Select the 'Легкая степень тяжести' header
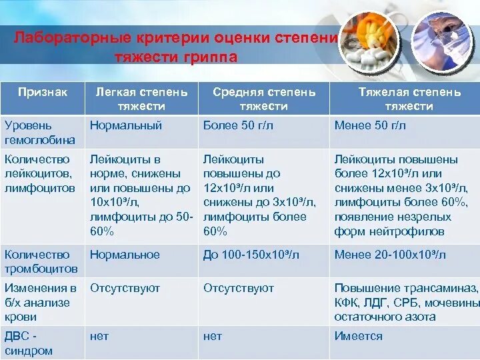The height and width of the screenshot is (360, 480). pos(142,99)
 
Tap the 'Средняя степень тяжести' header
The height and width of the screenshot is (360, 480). pos(264,99)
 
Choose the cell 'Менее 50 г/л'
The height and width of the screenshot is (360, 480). pos(370,125)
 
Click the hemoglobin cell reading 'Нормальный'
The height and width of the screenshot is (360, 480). pos(126,125)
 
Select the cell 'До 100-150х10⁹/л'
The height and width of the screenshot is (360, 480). pos(251,255)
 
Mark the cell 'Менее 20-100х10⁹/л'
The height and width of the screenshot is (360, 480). pos(391,255)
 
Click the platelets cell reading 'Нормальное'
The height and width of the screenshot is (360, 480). pos(125,255)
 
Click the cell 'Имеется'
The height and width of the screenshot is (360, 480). pos(359,337)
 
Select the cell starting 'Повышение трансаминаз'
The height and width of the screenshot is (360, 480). pos(406,303)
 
